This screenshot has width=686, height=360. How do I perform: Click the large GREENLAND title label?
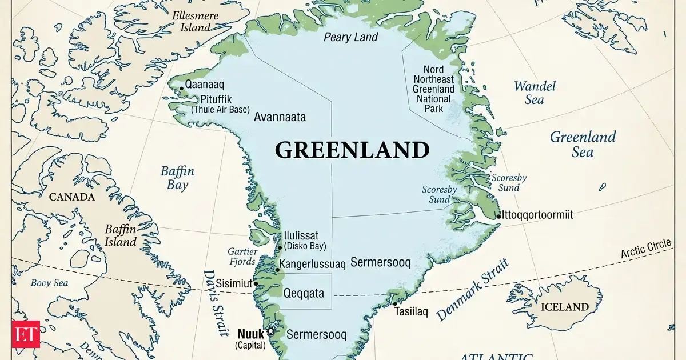352,150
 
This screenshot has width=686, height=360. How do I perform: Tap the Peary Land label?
350,37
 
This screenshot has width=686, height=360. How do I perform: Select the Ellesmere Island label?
195,21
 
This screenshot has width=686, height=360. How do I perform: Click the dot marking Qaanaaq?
181,88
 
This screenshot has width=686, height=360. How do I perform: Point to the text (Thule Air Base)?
220,109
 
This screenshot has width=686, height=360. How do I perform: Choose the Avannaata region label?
280,117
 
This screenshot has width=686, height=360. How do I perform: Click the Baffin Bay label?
177,177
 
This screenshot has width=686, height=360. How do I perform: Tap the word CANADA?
71,197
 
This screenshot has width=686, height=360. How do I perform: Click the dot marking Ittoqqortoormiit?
498,216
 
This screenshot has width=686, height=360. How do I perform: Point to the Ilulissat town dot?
280,247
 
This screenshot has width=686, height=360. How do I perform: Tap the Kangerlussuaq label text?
314,264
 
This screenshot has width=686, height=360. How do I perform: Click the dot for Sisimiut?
256,283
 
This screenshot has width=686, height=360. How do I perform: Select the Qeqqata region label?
304,293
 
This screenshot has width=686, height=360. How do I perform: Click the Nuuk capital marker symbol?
270,333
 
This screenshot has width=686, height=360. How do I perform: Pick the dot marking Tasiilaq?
394,304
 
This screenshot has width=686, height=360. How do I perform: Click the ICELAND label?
564,307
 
